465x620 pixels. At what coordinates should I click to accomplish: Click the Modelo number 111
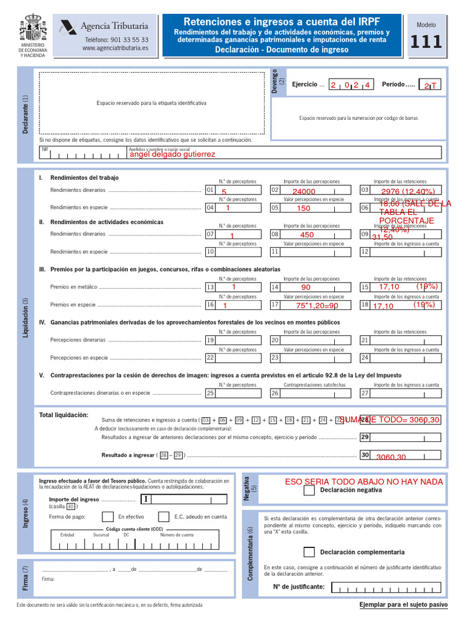point(426,42)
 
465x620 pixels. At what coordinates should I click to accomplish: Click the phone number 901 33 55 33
point(116,39)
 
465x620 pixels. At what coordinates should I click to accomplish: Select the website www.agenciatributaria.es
point(115,48)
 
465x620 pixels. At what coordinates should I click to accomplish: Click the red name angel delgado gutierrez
point(173,154)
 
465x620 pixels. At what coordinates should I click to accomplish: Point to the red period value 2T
point(429,86)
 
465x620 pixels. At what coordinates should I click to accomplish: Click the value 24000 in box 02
point(304,191)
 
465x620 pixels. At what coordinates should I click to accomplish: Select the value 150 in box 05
point(303,208)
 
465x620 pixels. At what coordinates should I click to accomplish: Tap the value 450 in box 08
point(307,235)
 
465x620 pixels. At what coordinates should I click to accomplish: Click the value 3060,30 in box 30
point(391,457)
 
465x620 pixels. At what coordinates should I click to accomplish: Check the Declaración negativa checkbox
point(309,490)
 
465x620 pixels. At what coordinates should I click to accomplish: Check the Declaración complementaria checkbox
point(309,552)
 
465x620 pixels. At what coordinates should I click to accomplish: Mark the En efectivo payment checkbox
point(108,516)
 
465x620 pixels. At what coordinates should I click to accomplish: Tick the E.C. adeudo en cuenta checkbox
point(163,516)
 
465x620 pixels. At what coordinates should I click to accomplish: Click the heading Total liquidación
point(64,415)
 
